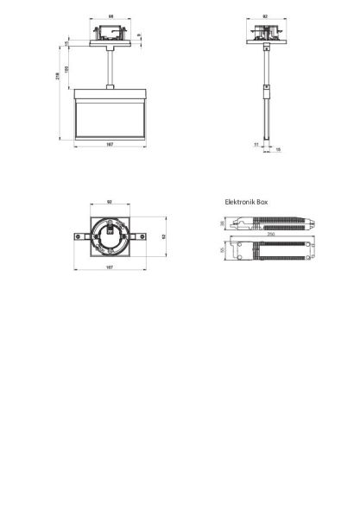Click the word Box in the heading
point(262,201)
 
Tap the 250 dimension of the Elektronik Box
point(270,235)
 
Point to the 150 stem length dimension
point(66,69)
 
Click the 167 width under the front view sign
point(110,145)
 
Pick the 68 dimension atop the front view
point(111,16)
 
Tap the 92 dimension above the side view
point(265,16)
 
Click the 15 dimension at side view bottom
point(277,148)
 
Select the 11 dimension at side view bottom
point(256,144)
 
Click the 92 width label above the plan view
point(110,202)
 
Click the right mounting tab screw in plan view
point(142,236)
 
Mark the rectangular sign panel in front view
point(110,116)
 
